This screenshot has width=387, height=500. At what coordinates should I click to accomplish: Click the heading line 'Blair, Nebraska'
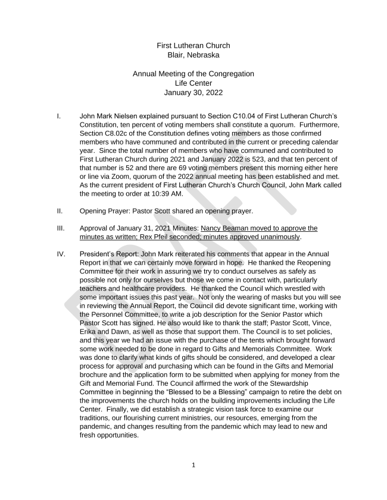(193, 55)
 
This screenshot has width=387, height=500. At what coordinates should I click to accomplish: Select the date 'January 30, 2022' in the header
(193, 93)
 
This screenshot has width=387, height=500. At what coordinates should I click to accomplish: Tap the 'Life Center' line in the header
(193, 83)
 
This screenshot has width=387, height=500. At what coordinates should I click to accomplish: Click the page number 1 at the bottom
(193, 465)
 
